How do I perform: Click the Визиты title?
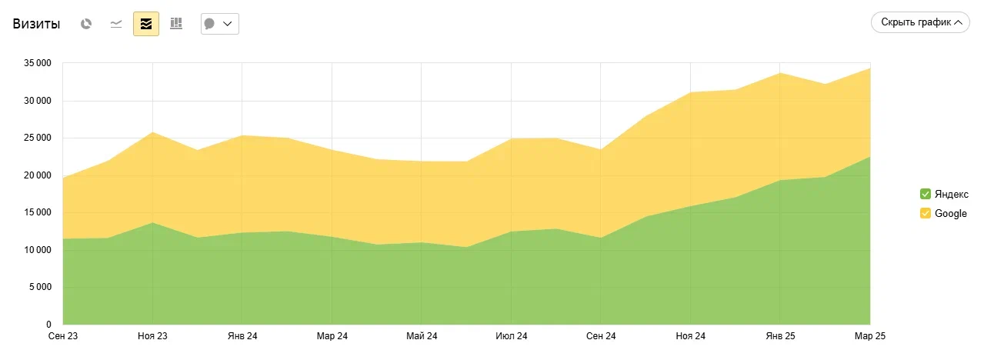36,24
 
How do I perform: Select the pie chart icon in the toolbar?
86,24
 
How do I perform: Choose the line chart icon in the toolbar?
116,24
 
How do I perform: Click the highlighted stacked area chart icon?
146,24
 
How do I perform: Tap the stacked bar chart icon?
176,24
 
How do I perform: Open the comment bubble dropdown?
219,24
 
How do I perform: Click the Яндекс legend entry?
951,194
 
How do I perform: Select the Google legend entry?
950,214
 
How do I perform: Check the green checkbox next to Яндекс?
926,194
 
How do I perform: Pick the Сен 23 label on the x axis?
62,336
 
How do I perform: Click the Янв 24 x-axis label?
242,336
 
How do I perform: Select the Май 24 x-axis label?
422,336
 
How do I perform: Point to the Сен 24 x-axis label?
601,336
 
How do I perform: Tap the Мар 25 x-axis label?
870,336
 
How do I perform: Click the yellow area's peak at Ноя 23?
152,132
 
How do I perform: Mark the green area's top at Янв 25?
780,180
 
